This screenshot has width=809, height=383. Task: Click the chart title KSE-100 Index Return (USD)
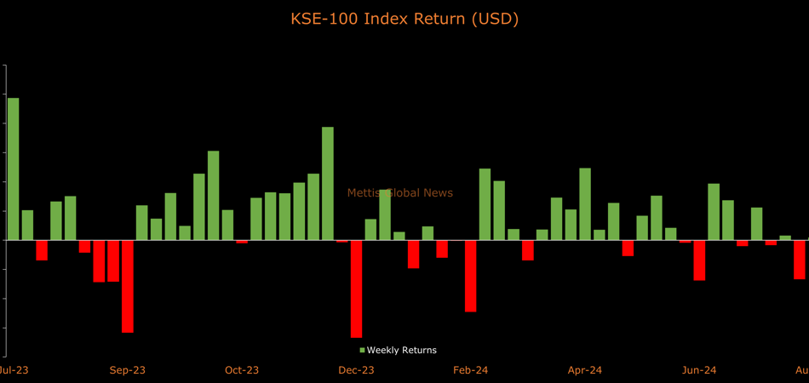(404, 19)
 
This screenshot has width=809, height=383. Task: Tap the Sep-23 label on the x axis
(128, 370)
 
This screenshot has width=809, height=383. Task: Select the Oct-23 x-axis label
(242, 370)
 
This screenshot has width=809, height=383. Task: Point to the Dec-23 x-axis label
(356, 370)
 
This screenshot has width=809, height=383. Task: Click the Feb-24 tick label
(470, 370)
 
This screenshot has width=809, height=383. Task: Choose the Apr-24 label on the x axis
(585, 370)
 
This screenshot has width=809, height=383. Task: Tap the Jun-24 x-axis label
(699, 370)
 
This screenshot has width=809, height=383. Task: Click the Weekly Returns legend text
(401, 350)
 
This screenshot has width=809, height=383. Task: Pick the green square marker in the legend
(362, 350)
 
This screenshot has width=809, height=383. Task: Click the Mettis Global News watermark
(400, 193)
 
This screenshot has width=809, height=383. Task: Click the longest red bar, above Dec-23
(356, 289)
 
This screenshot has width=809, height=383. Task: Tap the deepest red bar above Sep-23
(128, 286)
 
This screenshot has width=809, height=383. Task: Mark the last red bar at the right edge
(799, 260)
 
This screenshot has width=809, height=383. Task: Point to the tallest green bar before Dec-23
(328, 183)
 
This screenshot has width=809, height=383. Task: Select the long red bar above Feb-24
(470, 276)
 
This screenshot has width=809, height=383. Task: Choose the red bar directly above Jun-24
(699, 260)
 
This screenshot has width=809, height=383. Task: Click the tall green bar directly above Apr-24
(585, 204)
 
